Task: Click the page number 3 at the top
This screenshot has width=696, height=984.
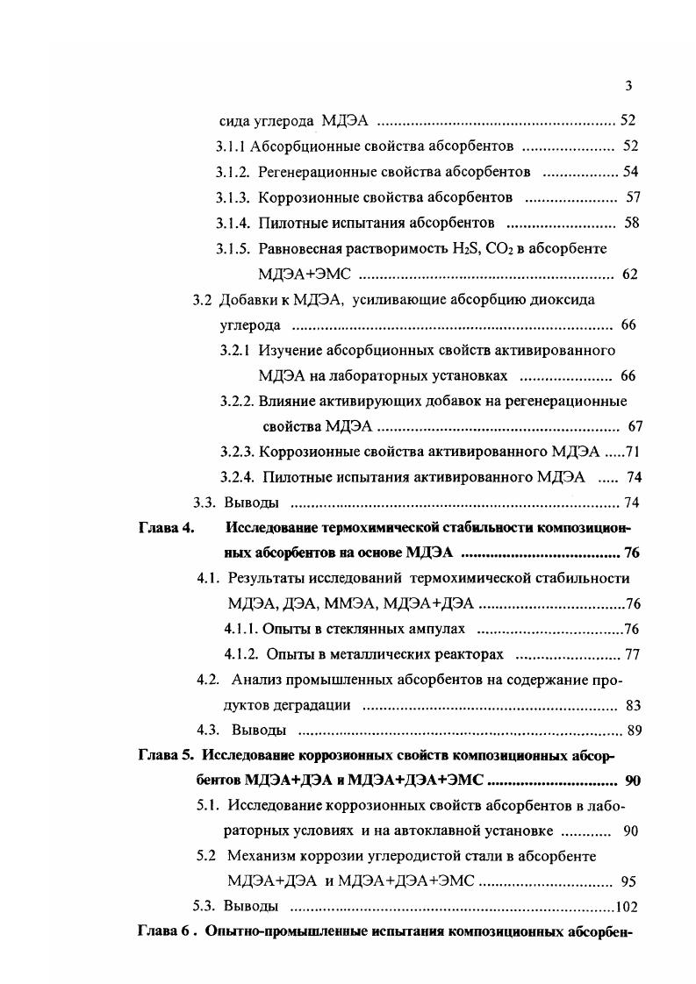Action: coord(628,85)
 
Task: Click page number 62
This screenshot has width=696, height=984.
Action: coord(629,275)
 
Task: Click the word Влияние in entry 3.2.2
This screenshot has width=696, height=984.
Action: coord(284,402)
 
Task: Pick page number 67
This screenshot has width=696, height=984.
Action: coord(636,427)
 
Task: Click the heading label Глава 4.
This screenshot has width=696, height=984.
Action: coord(167,529)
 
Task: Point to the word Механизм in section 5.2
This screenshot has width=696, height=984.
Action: coord(263,856)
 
